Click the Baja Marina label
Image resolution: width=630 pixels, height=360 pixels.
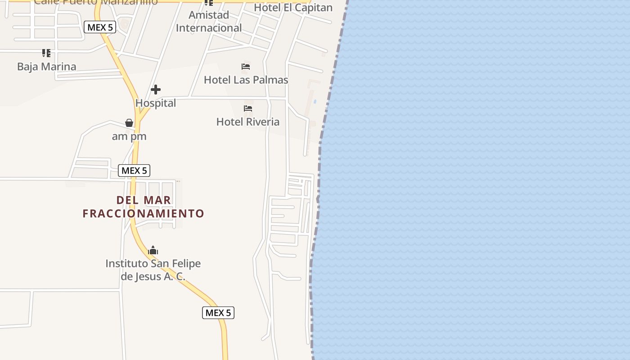point(46,67)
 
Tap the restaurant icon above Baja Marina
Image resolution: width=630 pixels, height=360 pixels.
point(46,53)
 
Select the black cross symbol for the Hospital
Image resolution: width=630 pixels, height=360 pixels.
point(156,90)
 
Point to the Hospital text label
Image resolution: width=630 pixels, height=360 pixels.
point(156,103)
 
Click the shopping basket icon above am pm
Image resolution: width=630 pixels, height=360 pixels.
point(129,123)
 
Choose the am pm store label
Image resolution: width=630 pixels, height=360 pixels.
point(129,136)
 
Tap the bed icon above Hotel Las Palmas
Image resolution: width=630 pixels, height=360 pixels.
point(246,67)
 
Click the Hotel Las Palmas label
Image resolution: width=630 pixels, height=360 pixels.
point(246,80)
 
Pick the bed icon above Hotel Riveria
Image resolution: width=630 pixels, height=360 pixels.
point(248,108)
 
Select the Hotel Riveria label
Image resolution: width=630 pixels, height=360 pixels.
point(248,122)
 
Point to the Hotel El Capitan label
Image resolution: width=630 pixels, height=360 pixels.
point(293,8)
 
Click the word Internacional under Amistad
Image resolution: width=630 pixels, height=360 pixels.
point(209,28)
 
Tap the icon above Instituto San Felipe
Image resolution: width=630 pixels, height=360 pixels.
point(153,250)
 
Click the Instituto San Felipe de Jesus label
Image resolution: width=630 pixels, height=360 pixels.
point(153,270)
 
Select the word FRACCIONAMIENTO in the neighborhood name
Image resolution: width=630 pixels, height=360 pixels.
point(144,213)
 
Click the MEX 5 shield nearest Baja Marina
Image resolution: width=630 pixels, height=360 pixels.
point(100,27)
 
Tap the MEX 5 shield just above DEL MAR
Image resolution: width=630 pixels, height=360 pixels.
point(134,171)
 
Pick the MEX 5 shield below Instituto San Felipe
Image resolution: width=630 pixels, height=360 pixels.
point(218,313)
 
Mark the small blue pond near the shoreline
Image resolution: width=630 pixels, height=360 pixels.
point(315,102)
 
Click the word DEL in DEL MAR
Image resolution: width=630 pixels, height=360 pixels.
point(126,200)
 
